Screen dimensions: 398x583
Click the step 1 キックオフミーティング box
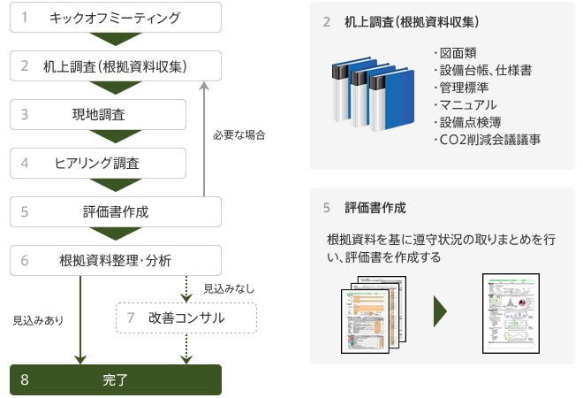point(115,18)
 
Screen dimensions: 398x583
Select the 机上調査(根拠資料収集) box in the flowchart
point(115,65)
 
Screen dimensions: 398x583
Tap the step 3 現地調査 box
point(98,114)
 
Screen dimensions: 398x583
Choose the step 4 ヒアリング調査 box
point(98,163)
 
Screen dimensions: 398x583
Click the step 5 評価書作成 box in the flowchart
point(115,211)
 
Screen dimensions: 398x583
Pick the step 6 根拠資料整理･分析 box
point(115,260)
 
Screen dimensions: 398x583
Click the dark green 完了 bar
point(115,380)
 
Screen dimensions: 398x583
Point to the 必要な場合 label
point(238,135)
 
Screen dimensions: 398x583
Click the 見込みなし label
point(228,288)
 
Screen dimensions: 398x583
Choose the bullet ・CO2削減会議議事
point(487,140)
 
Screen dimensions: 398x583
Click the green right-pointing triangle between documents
point(439,311)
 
